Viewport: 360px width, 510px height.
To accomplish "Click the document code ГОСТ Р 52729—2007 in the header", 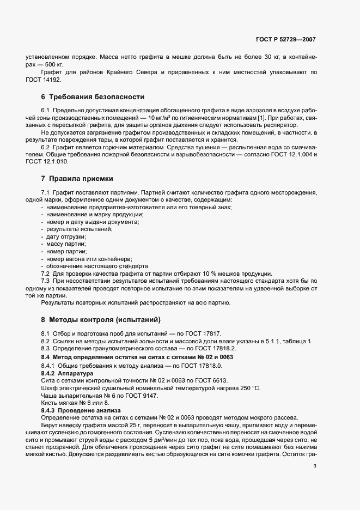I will [285, 40].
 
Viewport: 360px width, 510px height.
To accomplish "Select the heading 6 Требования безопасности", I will [93, 97].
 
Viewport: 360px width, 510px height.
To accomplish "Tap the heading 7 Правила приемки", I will [79, 179].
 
